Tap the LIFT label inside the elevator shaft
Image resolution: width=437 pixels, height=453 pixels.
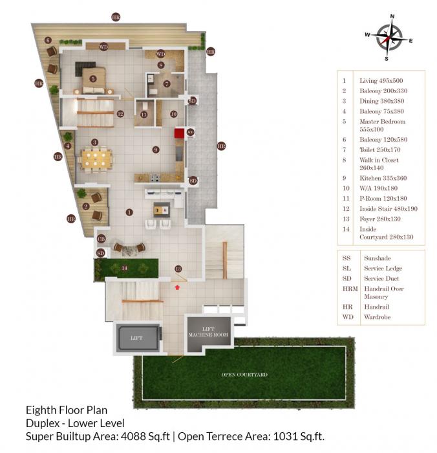pyautogui.click(x=136, y=338)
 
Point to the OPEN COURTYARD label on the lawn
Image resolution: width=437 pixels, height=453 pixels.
pyautogui.click(x=245, y=375)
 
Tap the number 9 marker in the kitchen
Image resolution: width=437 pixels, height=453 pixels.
pyautogui.click(x=156, y=149)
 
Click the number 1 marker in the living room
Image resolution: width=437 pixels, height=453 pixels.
pyautogui.click(x=129, y=212)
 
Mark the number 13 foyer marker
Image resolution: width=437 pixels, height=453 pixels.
pyautogui.click(x=178, y=269)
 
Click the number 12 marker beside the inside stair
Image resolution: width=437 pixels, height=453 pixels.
pyautogui.click(x=120, y=114)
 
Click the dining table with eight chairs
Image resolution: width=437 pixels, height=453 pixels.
pyautogui.click(x=95, y=159)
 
